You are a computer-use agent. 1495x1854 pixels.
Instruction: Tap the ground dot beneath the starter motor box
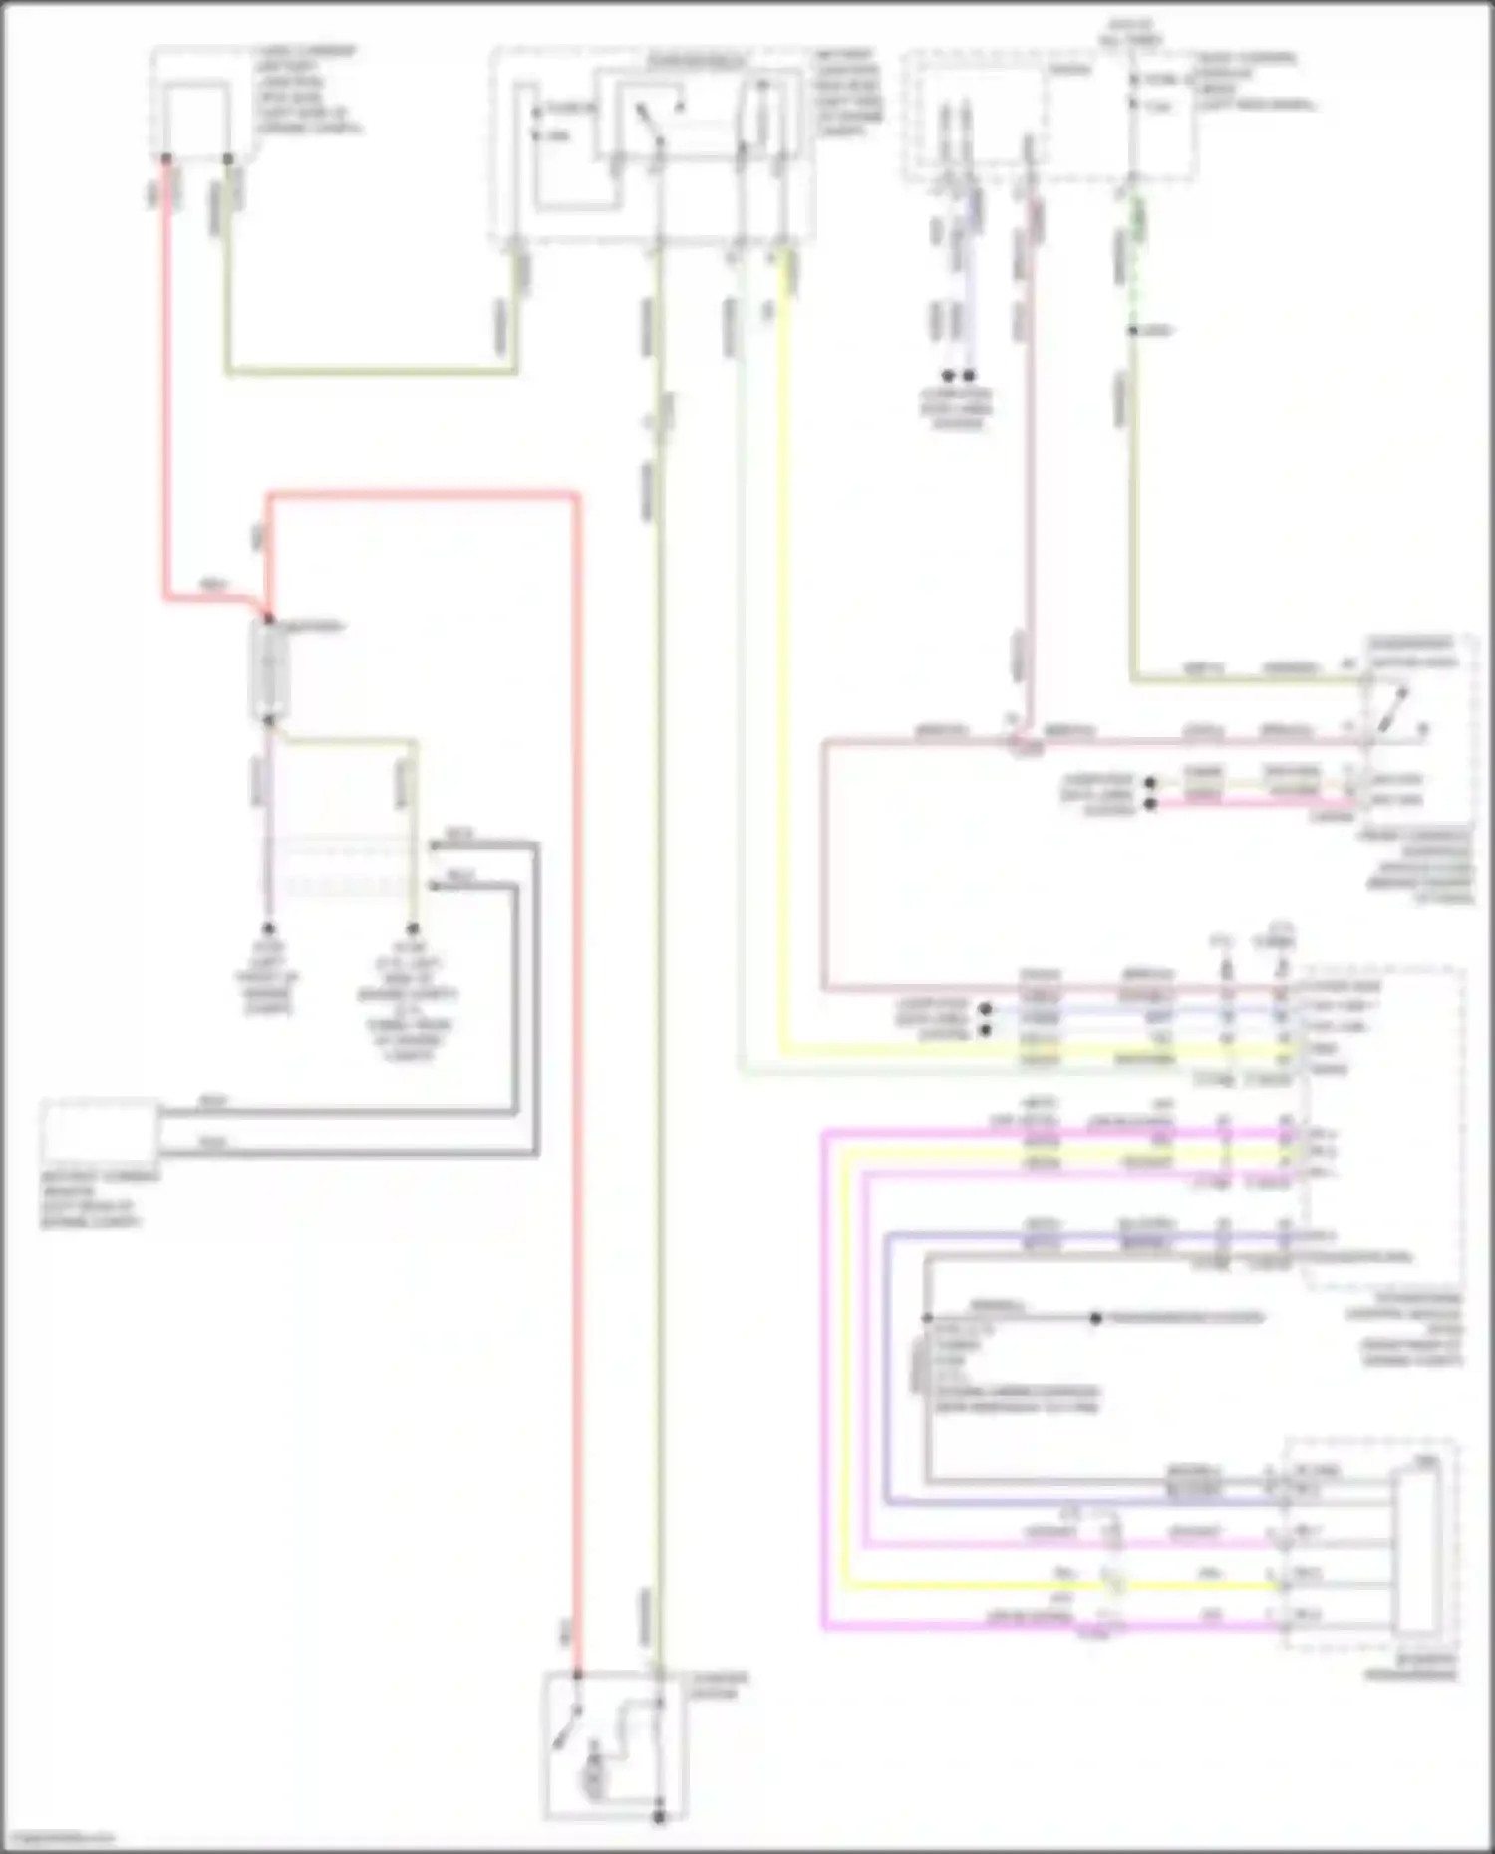(x=659, y=1817)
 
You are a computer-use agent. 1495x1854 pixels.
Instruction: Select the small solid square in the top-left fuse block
(x=198, y=115)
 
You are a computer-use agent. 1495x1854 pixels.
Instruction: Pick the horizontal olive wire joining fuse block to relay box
(x=372, y=374)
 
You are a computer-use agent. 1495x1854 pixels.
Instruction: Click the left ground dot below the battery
(x=268, y=928)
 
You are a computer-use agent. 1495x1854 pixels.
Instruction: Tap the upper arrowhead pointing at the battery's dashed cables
(x=435, y=846)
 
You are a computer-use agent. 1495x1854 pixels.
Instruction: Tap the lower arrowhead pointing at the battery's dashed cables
(x=435, y=885)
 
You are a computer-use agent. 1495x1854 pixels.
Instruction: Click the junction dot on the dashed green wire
(x=1133, y=330)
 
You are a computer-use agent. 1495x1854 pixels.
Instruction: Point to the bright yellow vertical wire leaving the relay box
(x=782, y=648)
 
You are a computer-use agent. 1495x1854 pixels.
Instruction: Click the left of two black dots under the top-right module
(x=949, y=376)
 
